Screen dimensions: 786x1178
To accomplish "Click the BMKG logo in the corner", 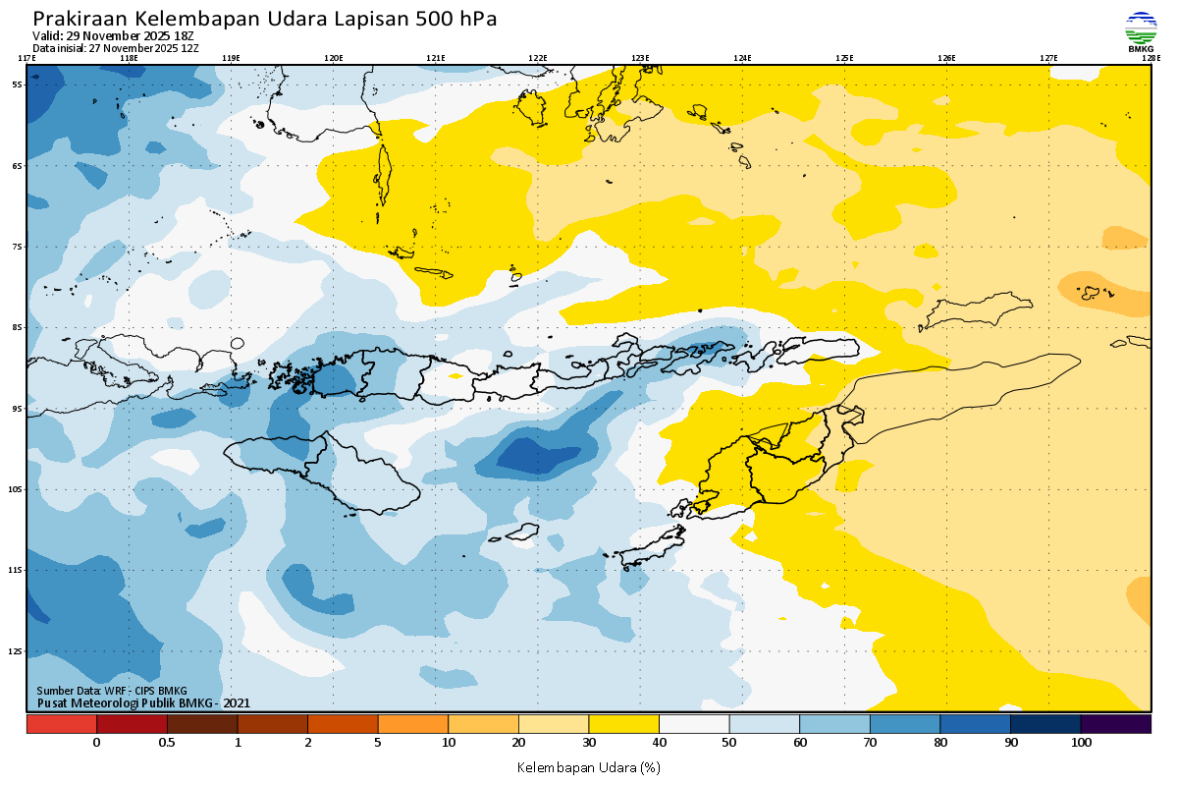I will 1141,30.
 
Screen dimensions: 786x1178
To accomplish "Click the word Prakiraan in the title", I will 80,19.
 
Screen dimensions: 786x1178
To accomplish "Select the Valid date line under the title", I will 113,36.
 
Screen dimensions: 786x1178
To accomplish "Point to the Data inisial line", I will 115,47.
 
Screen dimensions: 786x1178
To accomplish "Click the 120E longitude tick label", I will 334,58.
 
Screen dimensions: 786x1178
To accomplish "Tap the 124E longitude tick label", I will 742,58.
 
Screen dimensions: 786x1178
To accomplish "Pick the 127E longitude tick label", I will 1048,58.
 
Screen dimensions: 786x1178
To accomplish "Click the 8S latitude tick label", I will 17,327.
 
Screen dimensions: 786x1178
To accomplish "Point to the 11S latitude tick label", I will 17,570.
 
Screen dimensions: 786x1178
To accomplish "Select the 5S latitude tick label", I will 17,84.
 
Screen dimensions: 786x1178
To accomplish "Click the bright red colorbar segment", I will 61,724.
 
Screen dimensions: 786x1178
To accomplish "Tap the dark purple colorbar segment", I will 1116,724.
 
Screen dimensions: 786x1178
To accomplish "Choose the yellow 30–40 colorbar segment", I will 624,724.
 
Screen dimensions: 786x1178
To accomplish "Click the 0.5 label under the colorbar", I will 167,743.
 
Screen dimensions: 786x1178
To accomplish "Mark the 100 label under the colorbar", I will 1081,743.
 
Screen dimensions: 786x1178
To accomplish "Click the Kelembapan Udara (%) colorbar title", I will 588,766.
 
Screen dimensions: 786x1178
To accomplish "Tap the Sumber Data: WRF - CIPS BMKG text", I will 111,691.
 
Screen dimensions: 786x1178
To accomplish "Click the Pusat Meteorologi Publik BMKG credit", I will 143,702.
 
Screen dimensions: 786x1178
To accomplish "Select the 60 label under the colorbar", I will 800,743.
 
